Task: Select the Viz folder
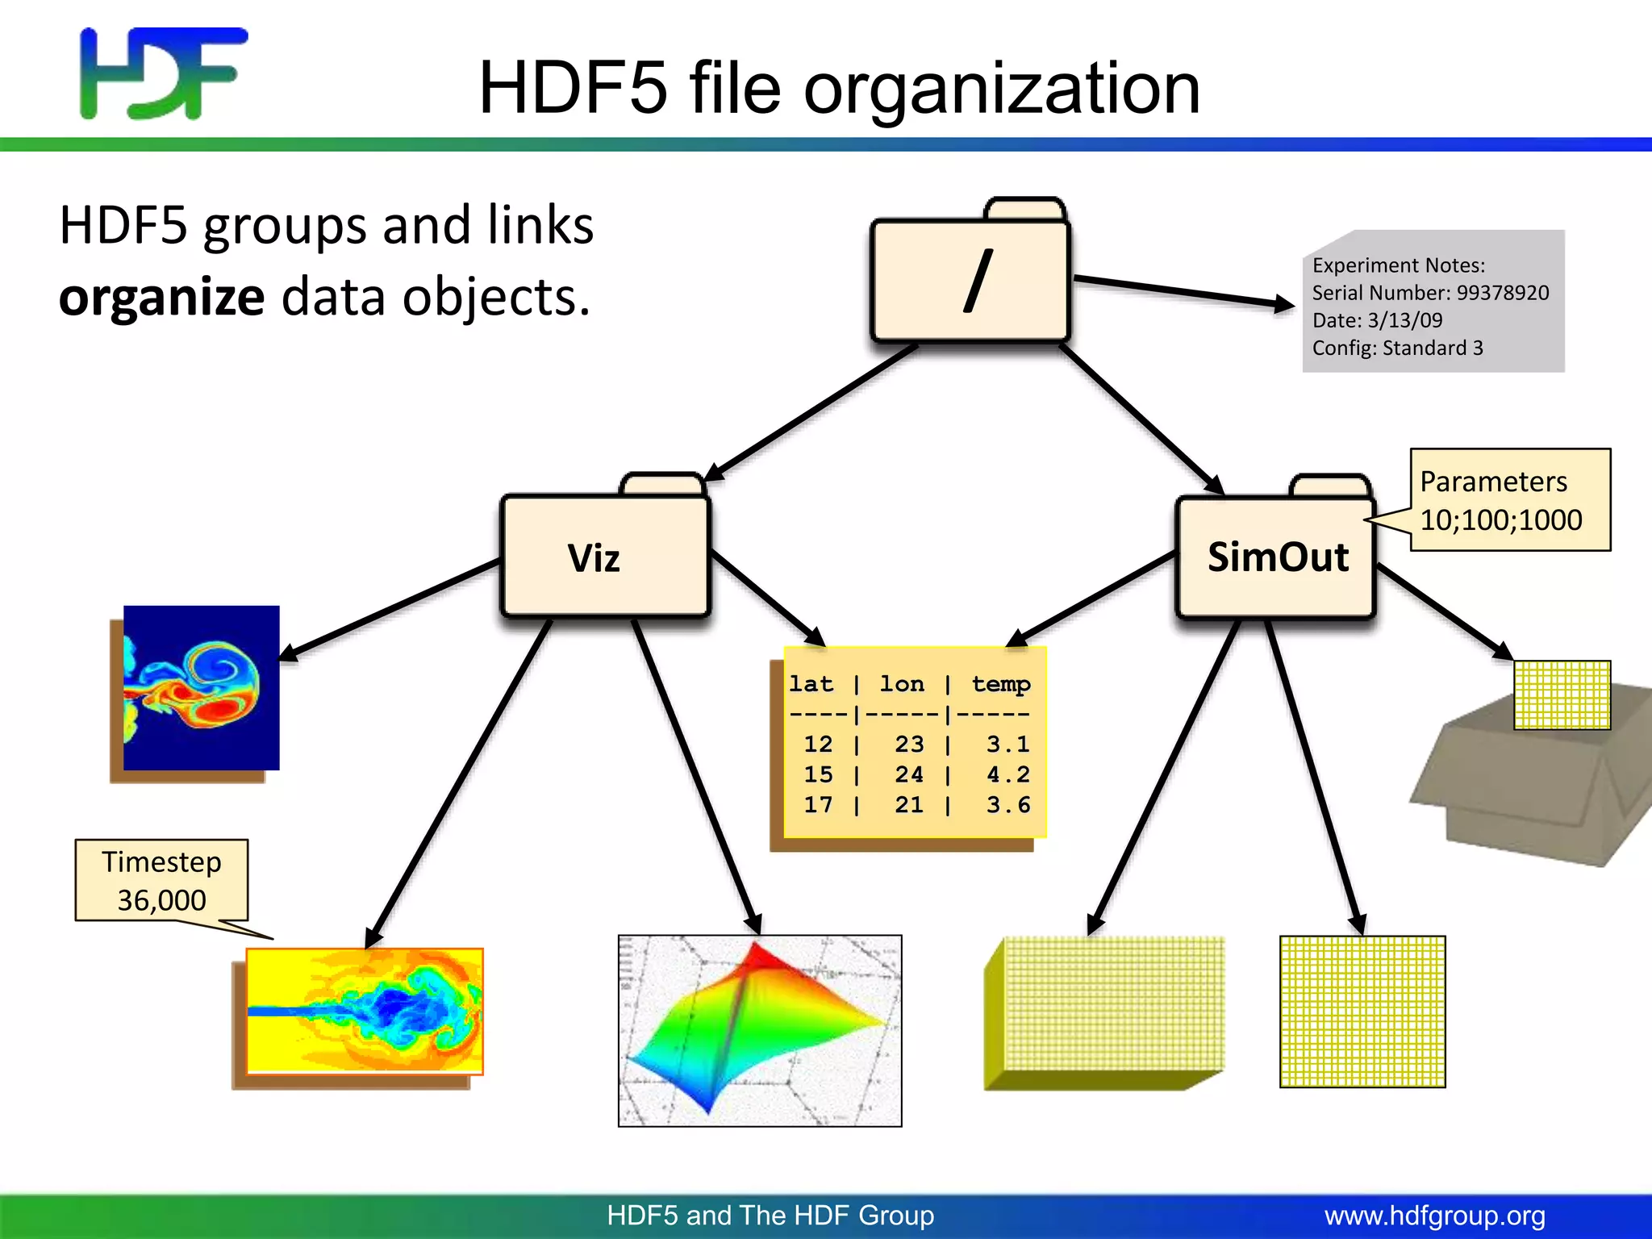[x=605, y=557]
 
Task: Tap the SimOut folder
[x=1276, y=557]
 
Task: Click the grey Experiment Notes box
[x=1433, y=302]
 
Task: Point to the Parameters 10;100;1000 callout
[x=1509, y=500]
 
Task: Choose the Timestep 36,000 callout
[x=161, y=880]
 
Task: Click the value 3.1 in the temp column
[x=1007, y=744]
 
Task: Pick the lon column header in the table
[x=902, y=684]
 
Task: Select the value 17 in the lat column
[x=817, y=804]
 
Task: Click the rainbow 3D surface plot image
[x=759, y=1030]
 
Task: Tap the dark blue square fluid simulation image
[x=201, y=687]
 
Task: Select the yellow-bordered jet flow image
[x=364, y=1011]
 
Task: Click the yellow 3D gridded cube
[x=1103, y=1013]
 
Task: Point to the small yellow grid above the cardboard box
[x=1561, y=695]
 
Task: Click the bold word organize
[x=161, y=297]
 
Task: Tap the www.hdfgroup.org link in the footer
[x=1434, y=1216]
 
